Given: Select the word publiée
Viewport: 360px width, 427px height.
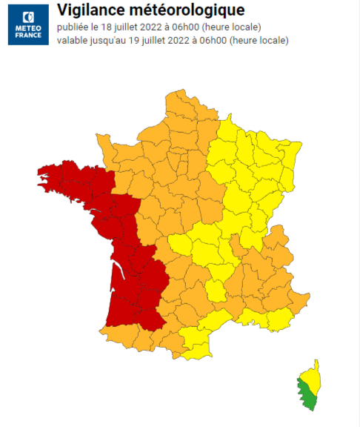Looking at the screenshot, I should click(x=73, y=27).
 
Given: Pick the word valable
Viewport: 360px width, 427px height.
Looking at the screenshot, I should click(x=73, y=39).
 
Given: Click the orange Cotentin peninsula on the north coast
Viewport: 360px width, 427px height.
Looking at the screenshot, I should click(x=104, y=143).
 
